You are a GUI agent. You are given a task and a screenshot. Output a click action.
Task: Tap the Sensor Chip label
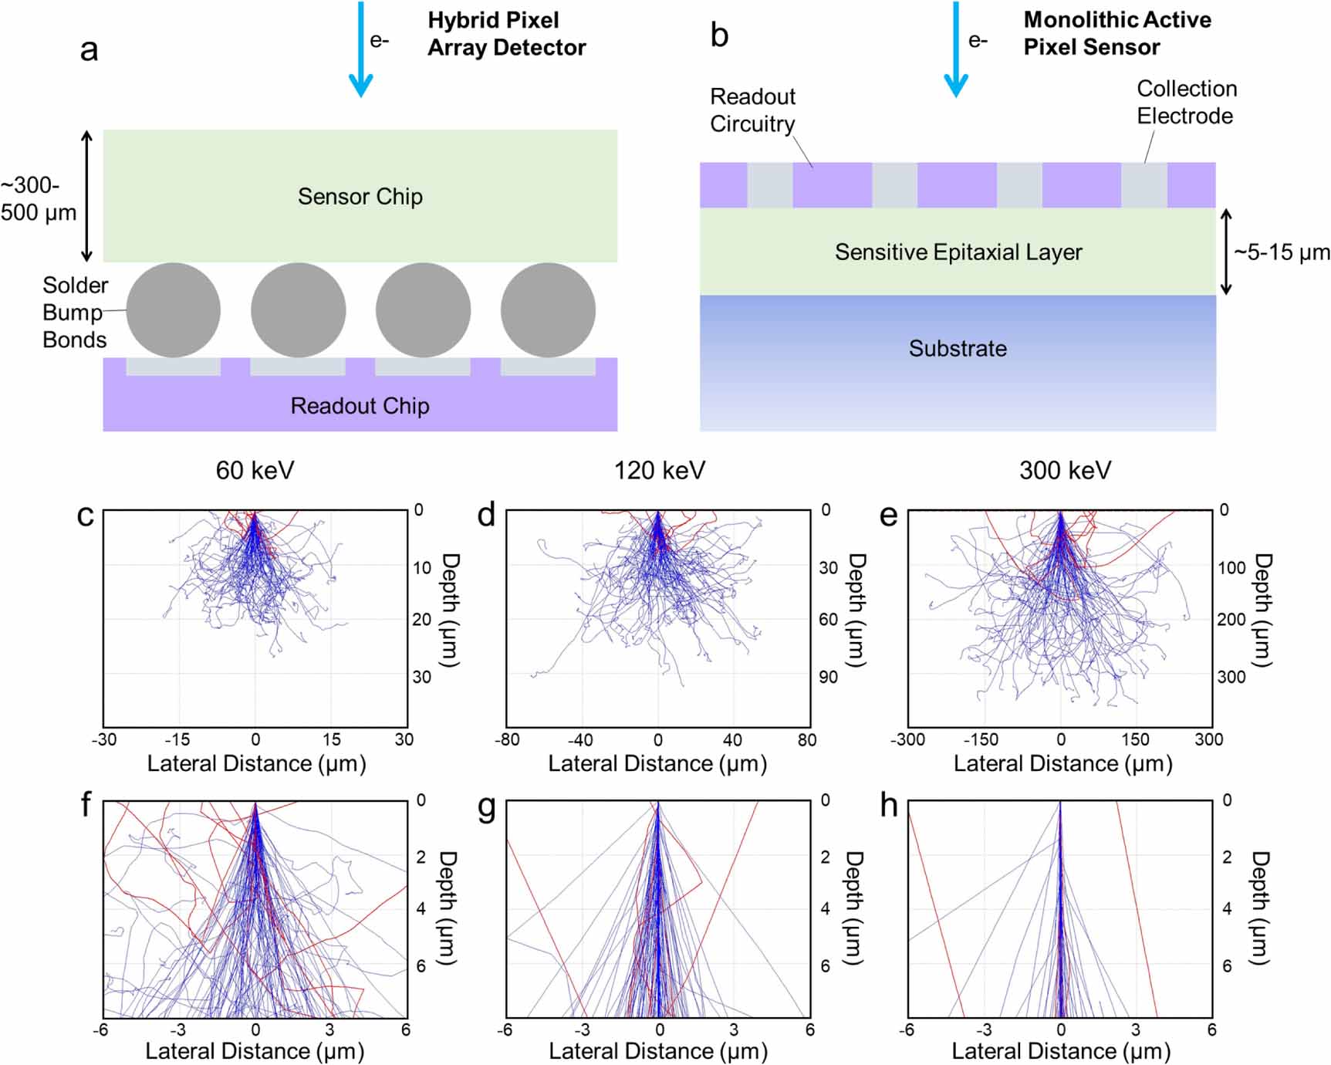pyautogui.click(x=360, y=197)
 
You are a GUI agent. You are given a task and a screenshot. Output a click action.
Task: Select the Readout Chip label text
pyautogui.click(x=360, y=406)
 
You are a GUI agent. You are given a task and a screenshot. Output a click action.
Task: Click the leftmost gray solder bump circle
pyautogui.click(x=174, y=310)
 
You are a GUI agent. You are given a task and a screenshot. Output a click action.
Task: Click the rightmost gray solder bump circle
pyautogui.click(x=548, y=310)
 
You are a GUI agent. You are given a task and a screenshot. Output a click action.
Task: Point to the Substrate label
pyautogui.click(x=958, y=349)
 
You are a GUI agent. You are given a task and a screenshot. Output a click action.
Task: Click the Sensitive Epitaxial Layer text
pyautogui.click(x=958, y=252)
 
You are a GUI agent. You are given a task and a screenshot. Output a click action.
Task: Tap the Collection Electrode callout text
pyautogui.click(x=1186, y=103)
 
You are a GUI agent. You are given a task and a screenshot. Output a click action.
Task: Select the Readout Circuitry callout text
pyautogui.click(x=752, y=110)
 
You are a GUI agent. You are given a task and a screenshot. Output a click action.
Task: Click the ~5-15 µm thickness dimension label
pyautogui.click(x=1282, y=253)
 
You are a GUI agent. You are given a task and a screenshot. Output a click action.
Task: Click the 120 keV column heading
pyautogui.click(x=659, y=471)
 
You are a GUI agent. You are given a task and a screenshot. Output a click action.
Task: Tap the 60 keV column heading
pyautogui.click(x=255, y=471)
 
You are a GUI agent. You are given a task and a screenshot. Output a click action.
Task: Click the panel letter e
pyautogui.click(x=888, y=516)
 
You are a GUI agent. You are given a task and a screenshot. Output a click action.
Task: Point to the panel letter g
pyautogui.click(x=486, y=806)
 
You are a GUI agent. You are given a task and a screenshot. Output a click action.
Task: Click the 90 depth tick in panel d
pyautogui.click(x=828, y=678)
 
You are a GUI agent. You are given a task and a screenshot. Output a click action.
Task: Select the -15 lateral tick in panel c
pyautogui.click(x=177, y=739)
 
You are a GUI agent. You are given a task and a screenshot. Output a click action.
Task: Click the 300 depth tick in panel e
pyautogui.click(x=1231, y=678)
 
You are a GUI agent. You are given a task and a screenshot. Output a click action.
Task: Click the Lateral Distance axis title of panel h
pyautogui.click(x=1061, y=1051)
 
